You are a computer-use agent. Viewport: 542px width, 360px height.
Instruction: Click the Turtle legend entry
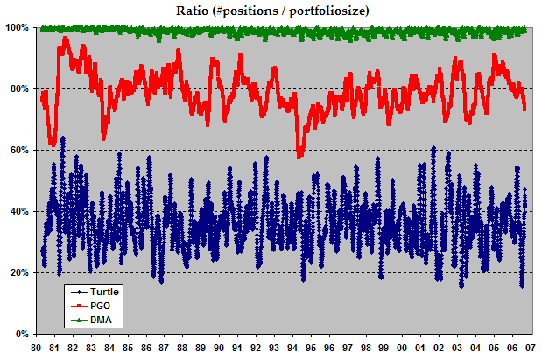point(103,291)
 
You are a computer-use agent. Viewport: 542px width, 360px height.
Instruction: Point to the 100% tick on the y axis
point(18,28)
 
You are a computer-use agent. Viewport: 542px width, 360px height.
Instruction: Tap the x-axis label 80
point(35,347)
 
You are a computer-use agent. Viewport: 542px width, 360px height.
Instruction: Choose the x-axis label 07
point(530,347)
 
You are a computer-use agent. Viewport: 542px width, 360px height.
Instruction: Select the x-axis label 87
point(164,347)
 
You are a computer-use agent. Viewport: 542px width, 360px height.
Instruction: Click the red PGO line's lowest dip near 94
point(300,155)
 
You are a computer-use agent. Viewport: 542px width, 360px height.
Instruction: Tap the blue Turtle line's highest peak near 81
point(62,138)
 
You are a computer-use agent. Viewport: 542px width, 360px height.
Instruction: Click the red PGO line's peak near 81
point(64,39)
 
